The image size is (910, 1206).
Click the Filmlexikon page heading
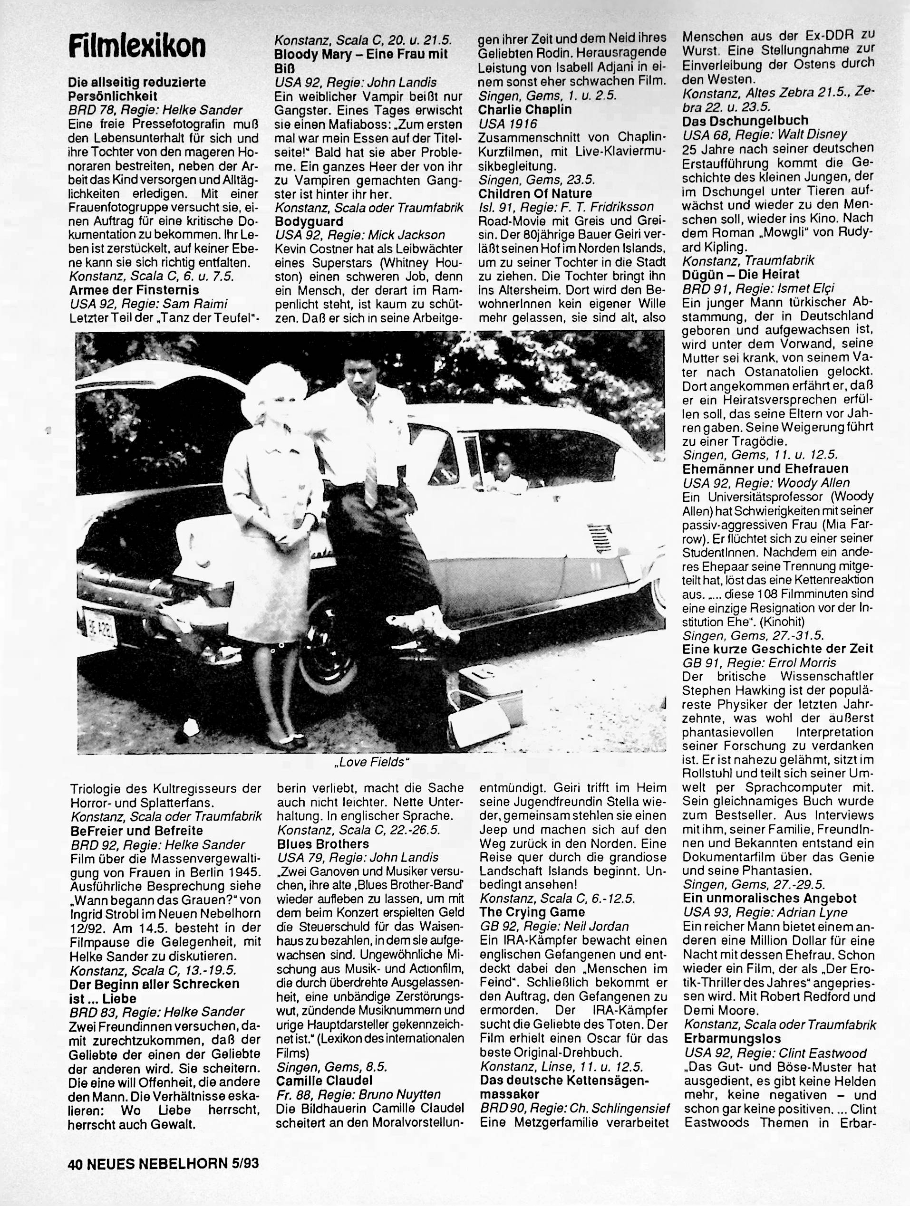pyautogui.click(x=137, y=47)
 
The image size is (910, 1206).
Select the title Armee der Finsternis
pyautogui.click(x=134, y=289)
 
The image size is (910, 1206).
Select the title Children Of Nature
pyautogui.click(x=535, y=193)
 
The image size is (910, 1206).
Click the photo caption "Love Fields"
pyautogui.click(x=371, y=762)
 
